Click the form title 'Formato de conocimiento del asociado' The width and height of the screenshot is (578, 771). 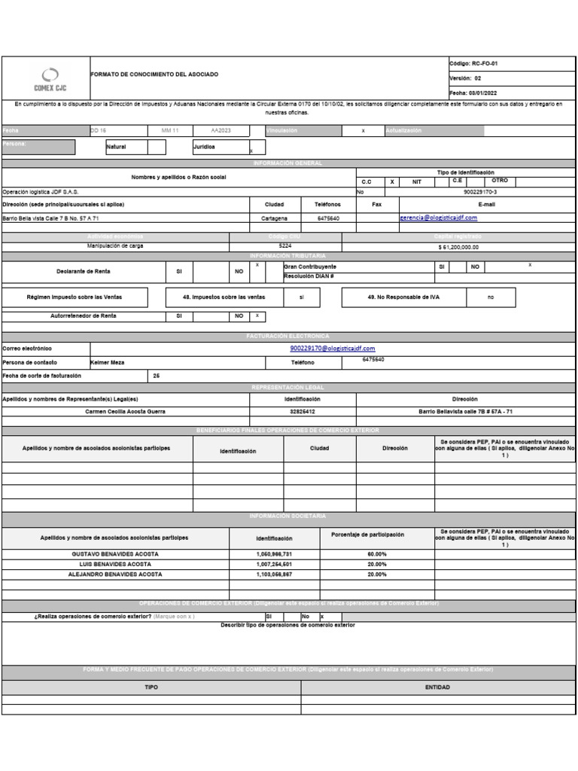tap(154, 75)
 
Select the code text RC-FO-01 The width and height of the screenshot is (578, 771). tap(485, 64)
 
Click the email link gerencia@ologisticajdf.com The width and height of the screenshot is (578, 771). tap(439, 218)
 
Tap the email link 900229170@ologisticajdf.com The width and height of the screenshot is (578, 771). tap(332, 349)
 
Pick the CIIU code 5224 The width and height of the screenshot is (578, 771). tap(285, 246)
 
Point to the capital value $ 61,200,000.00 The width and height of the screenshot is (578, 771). tap(458, 247)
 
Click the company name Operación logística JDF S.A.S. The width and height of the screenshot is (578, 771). tap(41, 192)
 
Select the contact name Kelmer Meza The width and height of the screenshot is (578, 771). tap(108, 362)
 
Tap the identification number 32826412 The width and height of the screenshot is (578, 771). tap(302, 412)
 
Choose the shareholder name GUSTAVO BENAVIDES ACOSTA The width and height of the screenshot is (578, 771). tap(115, 553)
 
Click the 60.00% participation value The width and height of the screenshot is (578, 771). tap(377, 553)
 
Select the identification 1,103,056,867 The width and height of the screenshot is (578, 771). tap(274, 574)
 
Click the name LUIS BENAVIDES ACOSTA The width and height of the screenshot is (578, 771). tap(115, 564)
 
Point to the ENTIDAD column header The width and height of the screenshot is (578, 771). tap(437, 687)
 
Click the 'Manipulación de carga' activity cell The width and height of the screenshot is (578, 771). tap(116, 246)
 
